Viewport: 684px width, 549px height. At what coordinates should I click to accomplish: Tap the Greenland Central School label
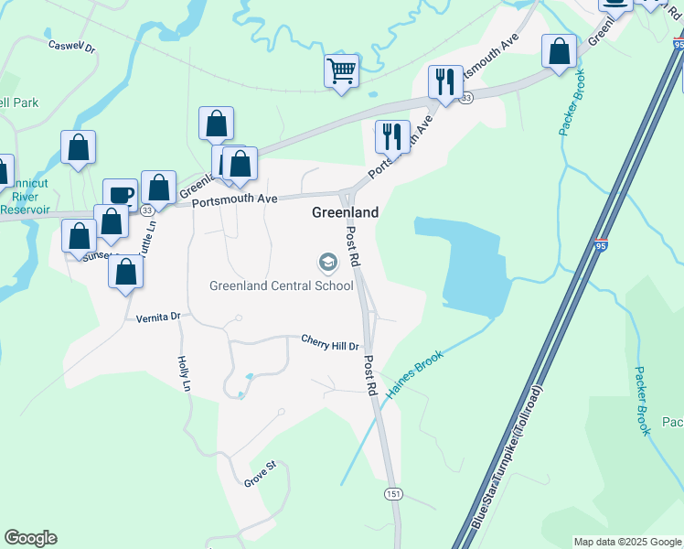(282, 285)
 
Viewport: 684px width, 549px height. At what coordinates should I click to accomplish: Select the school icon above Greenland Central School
(326, 264)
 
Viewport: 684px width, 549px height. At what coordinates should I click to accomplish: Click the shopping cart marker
(341, 70)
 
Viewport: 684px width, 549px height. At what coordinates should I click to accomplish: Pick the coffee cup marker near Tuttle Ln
(120, 195)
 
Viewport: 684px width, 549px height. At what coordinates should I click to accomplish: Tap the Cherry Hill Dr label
(331, 341)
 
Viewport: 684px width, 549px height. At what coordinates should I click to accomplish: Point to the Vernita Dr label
(159, 318)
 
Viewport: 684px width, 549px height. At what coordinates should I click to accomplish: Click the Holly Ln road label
(184, 374)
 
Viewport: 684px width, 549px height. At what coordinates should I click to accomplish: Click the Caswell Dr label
(71, 45)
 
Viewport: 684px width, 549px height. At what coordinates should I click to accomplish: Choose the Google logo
(30, 538)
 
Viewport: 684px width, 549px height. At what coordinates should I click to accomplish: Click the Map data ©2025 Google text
(627, 542)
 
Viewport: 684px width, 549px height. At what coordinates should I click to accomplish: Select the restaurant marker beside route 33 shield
(445, 82)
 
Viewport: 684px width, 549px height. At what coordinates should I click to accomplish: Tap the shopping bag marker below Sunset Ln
(125, 273)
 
